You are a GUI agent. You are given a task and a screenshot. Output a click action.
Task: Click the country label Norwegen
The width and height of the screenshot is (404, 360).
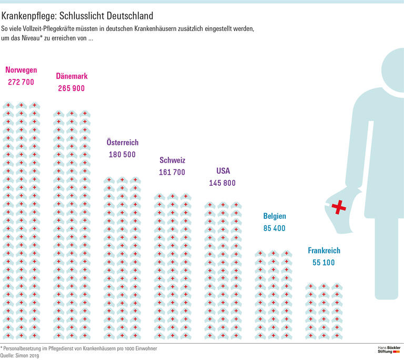click(21, 69)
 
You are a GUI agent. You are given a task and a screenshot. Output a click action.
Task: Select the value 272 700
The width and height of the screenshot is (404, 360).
click(21, 82)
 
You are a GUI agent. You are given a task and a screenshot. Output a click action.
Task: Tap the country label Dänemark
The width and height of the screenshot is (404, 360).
click(72, 76)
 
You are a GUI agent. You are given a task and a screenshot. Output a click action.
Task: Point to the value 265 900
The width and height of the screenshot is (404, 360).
click(72, 88)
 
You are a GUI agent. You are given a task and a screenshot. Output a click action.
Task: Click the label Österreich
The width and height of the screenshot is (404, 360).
click(122, 142)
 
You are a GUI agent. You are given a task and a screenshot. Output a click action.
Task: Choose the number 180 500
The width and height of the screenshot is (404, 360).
click(122, 155)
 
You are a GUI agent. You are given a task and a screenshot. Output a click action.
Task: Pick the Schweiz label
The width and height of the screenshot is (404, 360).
click(172, 160)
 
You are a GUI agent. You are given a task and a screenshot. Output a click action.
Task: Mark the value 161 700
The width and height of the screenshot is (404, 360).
click(172, 172)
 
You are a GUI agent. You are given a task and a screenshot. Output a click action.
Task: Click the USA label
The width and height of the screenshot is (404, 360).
click(223, 171)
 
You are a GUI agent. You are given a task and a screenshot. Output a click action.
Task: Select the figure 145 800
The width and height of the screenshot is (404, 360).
click(223, 183)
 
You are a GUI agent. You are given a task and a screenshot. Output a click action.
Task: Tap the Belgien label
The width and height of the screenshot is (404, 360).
click(275, 216)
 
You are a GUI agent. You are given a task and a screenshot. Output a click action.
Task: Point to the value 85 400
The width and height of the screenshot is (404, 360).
click(275, 228)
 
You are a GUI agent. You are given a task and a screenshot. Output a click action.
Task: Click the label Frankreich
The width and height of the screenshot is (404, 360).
click(324, 251)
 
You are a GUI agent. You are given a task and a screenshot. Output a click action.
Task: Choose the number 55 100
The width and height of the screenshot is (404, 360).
click(321, 263)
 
